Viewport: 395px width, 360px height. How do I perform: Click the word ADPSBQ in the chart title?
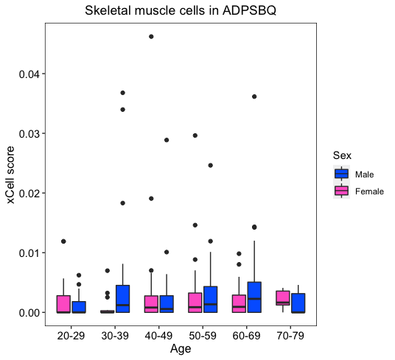(249, 10)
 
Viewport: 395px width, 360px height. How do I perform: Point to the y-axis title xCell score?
(10, 174)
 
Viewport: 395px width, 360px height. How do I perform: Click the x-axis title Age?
(181, 349)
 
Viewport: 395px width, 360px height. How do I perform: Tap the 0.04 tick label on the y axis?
(29, 74)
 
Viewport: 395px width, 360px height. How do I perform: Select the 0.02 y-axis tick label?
(29, 193)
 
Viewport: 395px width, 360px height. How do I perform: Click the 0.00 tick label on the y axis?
(29, 313)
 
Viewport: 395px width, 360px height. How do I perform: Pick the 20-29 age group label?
(71, 336)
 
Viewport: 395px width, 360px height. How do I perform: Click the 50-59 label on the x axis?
(203, 336)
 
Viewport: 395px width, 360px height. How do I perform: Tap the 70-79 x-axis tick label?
(290, 336)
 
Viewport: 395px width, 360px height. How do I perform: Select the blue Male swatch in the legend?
(342, 174)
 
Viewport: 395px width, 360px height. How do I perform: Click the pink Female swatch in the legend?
(342, 191)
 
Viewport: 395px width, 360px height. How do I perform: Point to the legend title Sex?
(342, 155)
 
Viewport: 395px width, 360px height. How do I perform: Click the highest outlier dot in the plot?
(151, 37)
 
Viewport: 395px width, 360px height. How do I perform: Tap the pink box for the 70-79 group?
(283, 298)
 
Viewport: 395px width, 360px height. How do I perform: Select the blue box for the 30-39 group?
(122, 299)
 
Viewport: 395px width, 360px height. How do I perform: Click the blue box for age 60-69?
(254, 297)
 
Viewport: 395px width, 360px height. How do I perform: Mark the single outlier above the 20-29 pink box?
(63, 241)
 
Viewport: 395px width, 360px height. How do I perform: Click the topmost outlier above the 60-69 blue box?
(254, 96)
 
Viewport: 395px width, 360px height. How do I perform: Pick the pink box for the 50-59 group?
(195, 303)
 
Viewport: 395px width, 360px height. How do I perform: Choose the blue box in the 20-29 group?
(79, 307)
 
